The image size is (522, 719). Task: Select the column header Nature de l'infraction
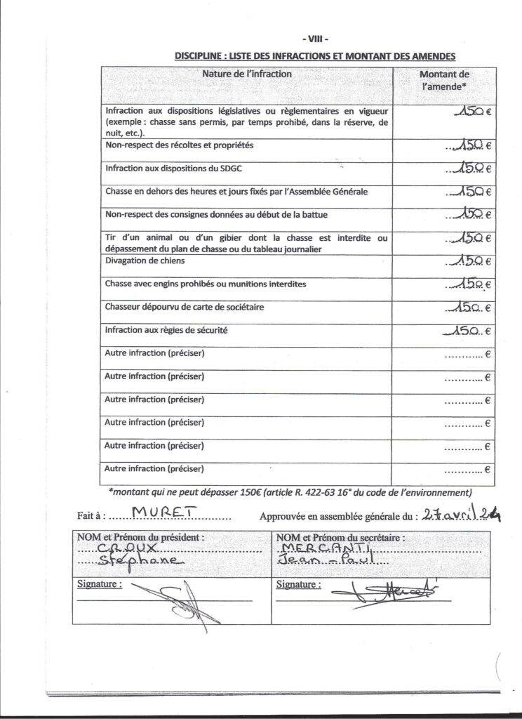coord(247,74)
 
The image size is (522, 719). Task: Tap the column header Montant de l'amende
coord(444,80)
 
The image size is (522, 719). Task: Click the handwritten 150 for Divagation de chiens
coord(464,261)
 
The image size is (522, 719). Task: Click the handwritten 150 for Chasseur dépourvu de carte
coord(464,307)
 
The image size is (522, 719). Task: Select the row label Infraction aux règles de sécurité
coord(166,329)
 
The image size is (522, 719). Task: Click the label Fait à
coord(91,516)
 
